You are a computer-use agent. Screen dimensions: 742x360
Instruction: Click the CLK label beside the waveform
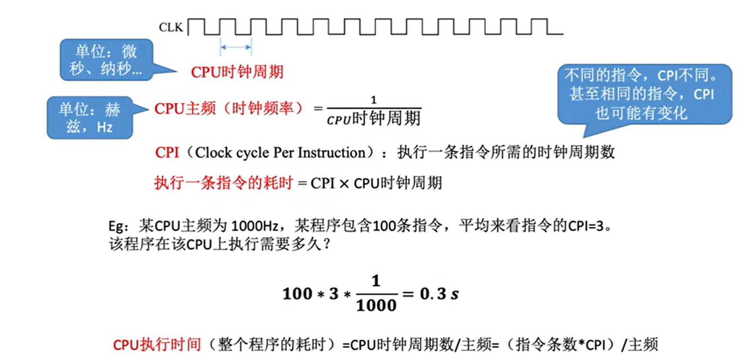[x=171, y=27]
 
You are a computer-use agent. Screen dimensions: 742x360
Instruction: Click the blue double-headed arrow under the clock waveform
[x=236, y=47]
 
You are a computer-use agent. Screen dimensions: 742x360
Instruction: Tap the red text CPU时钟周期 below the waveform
[x=237, y=72]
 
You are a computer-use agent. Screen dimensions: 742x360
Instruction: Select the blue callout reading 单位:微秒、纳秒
[x=106, y=60]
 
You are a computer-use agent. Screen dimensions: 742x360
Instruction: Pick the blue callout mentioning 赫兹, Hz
[x=90, y=118]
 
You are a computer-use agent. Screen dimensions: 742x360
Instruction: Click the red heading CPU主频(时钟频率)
[x=228, y=108]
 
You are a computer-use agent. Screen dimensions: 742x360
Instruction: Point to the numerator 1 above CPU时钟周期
[x=373, y=100]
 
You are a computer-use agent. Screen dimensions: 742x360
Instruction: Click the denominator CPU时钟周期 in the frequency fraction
[x=373, y=118]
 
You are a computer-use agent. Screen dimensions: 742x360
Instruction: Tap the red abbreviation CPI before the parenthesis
[x=167, y=153]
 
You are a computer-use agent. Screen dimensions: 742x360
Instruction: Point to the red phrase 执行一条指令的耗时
[x=223, y=183]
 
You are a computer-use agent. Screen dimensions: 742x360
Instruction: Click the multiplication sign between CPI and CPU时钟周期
[x=344, y=184]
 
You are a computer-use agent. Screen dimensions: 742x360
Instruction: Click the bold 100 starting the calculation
[x=298, y=294]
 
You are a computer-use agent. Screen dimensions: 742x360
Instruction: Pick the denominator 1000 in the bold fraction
[x=376, y=306]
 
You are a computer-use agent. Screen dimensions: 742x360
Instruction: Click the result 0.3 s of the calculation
[x=439, y=294]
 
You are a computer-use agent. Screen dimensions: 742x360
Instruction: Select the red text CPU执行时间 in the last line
[x=157, y=345]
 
